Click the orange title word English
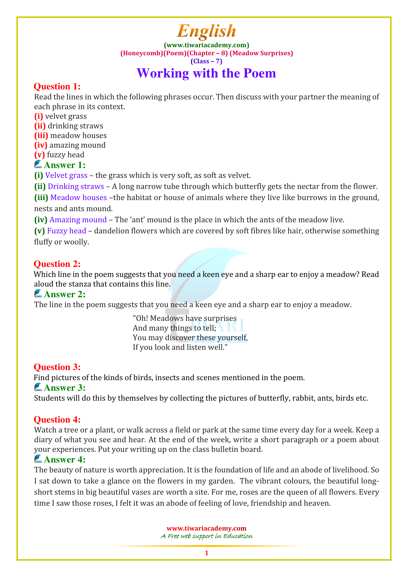point(206,31)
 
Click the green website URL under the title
point(206,45)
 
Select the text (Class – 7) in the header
point(206,61)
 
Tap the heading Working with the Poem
point(206,73)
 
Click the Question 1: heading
point(57,86)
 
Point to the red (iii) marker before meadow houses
point(41,136)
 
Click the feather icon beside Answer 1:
point(38,164)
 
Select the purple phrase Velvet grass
point(66,175)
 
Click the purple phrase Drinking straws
point(76,186)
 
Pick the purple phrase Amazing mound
point(78,220)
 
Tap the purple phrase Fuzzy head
point(67,231)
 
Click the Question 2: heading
point(57,264)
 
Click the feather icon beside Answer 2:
point(38,294)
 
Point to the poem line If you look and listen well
point(180,347)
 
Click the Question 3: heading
point(57,367)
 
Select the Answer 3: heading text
point(65,388)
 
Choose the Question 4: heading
point(57,420)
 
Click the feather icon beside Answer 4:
point(38,459)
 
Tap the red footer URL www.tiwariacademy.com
point(206,528)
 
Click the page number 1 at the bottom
point(206,553)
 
